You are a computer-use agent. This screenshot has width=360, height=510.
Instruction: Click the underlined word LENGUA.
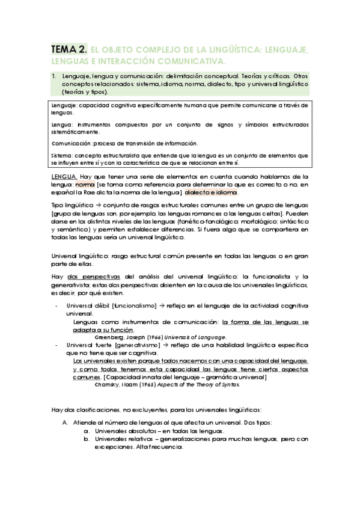pos(64,176)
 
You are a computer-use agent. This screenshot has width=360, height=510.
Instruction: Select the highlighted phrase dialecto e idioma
pos(212,192)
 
